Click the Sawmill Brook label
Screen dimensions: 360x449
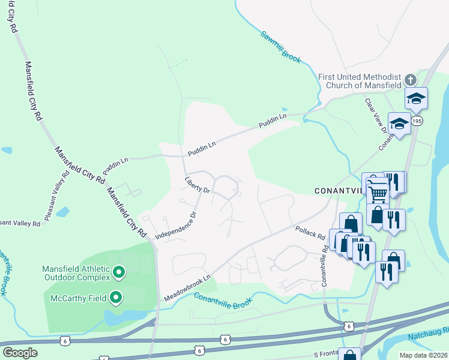pos(280,46)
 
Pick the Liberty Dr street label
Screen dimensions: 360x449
pos(197,184)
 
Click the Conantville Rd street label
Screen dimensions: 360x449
pos(324,265)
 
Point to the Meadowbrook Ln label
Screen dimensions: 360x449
pos(188,289)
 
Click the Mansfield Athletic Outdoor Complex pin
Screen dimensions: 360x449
pos(119,273)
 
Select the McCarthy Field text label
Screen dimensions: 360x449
pos(78,298)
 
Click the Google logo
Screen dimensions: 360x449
pos(20,352)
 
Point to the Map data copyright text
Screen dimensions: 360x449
pos(423,355)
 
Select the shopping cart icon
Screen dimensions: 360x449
pos(378,193)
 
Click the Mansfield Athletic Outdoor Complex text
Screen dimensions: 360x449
pos(76,273)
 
